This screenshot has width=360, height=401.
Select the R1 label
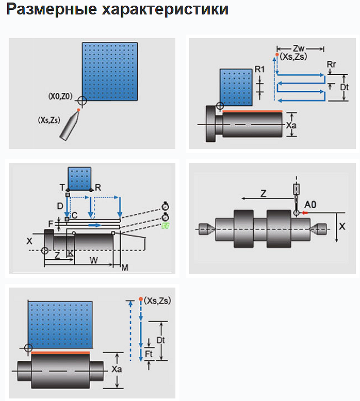click(259, 69)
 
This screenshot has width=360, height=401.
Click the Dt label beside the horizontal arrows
click(345, 87)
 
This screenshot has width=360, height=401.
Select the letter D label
click(60, 206)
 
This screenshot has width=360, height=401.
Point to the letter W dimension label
click(93, 260)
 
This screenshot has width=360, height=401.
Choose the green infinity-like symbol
click(165, 225)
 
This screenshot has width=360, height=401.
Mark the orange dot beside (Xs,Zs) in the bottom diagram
click(140, 299)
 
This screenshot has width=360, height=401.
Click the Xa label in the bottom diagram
click(117, 370)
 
